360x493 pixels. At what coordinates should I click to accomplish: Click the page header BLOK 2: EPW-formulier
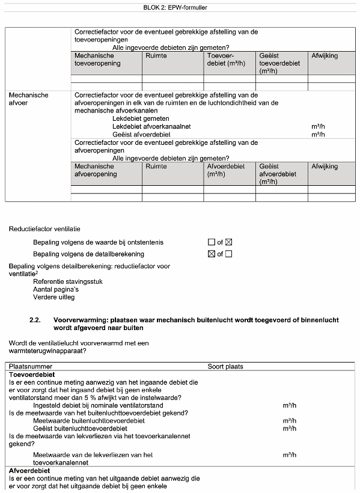click(180, 8)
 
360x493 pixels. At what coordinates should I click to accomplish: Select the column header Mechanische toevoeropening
click(97, 60)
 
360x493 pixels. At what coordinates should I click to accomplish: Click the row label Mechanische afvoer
click(29, 99)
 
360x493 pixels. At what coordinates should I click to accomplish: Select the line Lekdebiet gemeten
click(140, 118)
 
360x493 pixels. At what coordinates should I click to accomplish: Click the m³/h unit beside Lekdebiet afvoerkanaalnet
click(318, 127)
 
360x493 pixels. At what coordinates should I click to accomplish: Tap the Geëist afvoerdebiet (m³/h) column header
click(278, 174)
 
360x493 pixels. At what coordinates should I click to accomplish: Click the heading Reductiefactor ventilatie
click(44, 228)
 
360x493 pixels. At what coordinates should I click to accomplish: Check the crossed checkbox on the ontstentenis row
click(228, 242)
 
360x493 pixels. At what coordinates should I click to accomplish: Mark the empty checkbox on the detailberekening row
click(228, 254)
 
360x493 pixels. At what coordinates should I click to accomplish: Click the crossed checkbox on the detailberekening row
click(211, 254)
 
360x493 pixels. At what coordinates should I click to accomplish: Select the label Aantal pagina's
click(56, 289)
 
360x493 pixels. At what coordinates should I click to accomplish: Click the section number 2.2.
click(35, 320)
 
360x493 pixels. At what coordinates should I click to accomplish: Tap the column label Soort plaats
click(225, 366)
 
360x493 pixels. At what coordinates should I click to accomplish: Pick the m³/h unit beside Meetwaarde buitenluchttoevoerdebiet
click(290, 421)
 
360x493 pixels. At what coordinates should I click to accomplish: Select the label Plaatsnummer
click(31, 366)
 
